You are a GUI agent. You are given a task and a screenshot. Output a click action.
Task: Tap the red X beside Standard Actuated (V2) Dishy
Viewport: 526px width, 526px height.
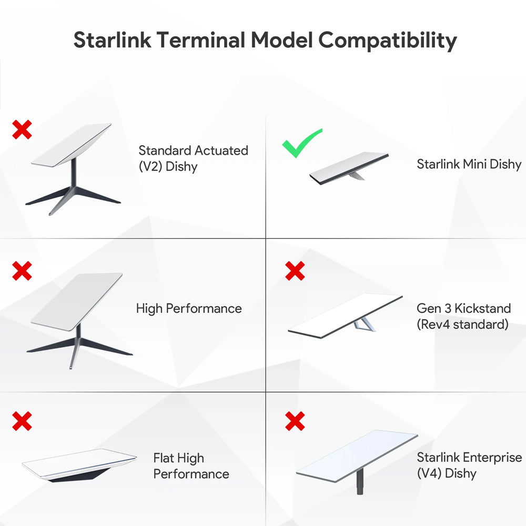click(22, 129)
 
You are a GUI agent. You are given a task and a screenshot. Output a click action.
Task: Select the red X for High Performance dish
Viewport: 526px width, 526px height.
click(22, 271)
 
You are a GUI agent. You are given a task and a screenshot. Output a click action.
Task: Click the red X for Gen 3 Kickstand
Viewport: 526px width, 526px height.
click(295, 271)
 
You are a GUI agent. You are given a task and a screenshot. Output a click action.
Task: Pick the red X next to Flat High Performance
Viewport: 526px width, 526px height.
click(22, 421)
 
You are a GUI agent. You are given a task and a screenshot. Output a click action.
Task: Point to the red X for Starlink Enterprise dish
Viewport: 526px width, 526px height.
click(295, 421)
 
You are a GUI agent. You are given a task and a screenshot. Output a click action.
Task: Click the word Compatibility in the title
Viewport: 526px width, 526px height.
click(388, 41)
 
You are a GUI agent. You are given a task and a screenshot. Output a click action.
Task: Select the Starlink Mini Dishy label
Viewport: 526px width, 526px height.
click(469, 164)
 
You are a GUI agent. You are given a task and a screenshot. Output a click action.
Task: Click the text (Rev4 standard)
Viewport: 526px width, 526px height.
click(462, 325)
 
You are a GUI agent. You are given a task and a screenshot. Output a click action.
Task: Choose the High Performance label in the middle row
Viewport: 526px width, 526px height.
click(189, 309)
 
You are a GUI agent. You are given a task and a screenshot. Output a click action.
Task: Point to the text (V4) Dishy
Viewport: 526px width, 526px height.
click(447, 473)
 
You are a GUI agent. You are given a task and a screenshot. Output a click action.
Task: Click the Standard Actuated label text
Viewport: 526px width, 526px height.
click(194, 150)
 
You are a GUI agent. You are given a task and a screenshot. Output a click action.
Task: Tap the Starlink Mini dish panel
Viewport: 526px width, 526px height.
click(349, 168)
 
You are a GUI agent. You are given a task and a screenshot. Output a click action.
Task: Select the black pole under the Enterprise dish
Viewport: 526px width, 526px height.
click(360, 481)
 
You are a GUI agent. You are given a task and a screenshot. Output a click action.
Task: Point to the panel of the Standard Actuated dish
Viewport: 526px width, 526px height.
click(72, 145)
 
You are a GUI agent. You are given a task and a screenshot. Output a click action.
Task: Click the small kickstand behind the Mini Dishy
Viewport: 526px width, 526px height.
click(356, 175)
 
